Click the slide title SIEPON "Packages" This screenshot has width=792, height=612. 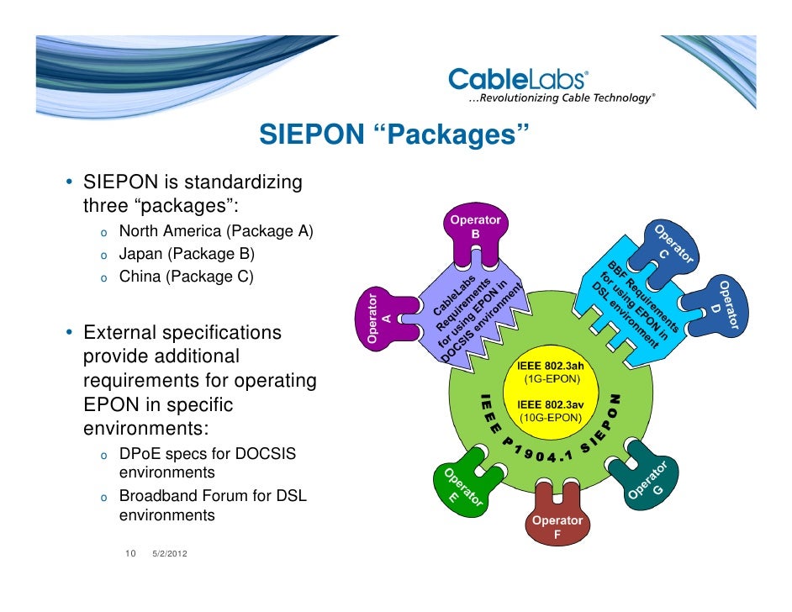394,135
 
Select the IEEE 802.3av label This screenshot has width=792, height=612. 552,404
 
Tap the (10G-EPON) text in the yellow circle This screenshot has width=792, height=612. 552,417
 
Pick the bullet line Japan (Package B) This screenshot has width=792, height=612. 186,253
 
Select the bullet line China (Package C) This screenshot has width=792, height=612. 186,275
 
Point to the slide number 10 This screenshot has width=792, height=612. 130,553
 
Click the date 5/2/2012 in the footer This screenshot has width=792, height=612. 170,554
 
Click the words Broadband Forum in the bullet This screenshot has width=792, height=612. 173,496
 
